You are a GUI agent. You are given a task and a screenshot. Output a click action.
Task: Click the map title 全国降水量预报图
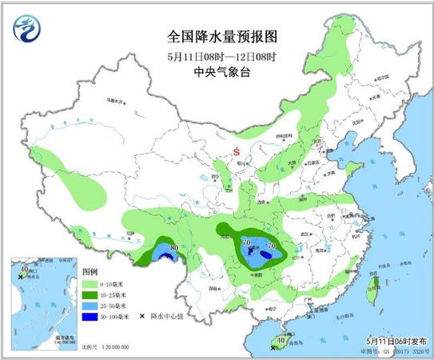click(x=217, y=37)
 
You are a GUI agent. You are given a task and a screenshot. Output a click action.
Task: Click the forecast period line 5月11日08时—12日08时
click(x=217, y=55)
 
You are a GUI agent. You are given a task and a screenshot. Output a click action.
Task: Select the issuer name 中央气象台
click(x=217, y=71)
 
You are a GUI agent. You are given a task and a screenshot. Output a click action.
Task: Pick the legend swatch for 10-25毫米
click(x=91, y=294)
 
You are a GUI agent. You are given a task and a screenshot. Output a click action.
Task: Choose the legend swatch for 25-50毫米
click(x=91, y=305)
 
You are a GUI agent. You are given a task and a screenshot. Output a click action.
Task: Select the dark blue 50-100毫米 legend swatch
click(x=91, y=316)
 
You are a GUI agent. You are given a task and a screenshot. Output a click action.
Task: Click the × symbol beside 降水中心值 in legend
click(x=141, y=316)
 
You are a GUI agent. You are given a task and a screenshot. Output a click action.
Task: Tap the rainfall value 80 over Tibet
click(x=174, y=258)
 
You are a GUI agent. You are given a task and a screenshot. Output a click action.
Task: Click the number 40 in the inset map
click(x=24, y=270)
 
